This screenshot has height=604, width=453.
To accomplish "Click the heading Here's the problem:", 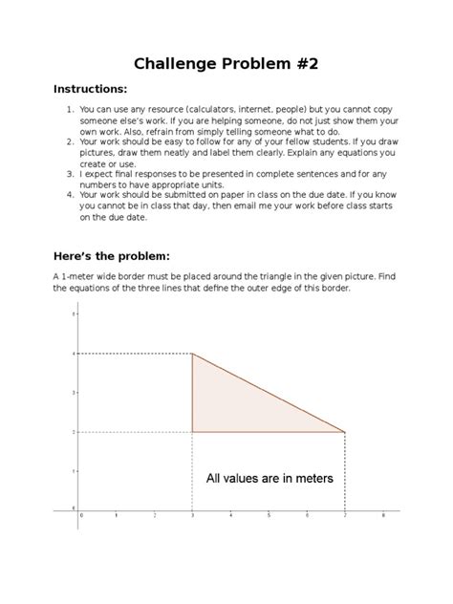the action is pyautogui.click(x=112, y=256).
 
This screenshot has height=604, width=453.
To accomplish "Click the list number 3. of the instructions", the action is pyautogui.click(x=71, y=174).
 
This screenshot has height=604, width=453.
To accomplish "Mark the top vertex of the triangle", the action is pyautogui.click(x=193, y=354).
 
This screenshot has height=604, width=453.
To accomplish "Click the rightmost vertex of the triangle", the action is pyautogui.click(x=345, y=432).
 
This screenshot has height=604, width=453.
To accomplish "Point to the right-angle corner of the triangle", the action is pyautogui.click(x=193, y=432).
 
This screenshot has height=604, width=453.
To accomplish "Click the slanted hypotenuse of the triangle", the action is pyautogui.click(x=269, y=393).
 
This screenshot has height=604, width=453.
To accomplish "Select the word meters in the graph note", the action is pyautogui.click(x=310, y=478).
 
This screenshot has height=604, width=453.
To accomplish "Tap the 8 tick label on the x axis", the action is pyautogui.click(x=383, y=516).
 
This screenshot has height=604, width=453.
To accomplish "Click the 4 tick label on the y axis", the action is pyautogui.click(x=74, y=354).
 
